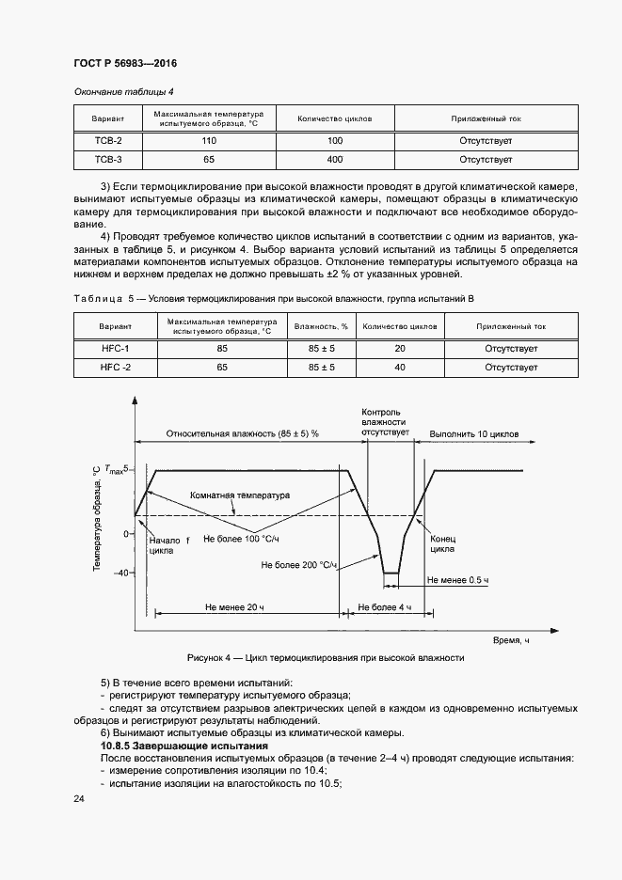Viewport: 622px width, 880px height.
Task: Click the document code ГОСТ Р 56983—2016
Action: (124, 64)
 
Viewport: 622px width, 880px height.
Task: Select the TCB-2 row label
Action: (108, 140)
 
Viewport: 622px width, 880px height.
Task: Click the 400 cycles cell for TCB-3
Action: (334, 159)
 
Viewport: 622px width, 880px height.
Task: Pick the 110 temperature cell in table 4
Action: (210, 140)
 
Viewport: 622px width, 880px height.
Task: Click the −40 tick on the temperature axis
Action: (120, 573)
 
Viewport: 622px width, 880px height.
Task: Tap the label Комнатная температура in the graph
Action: (240, 495)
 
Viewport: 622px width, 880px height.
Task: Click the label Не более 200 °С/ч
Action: (299, 565)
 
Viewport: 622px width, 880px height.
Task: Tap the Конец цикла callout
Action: (442, 546)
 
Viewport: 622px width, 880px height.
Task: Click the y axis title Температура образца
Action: (97, 519)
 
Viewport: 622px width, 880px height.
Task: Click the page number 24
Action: (78, 798)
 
